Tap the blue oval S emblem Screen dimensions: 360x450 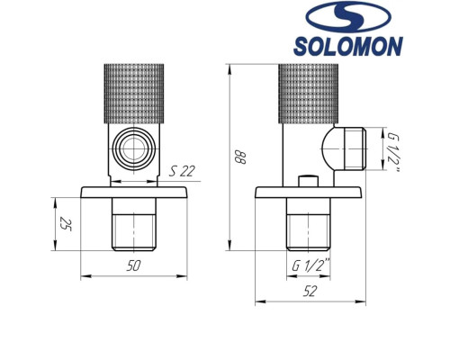click(351, 17)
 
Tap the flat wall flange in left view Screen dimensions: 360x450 click(136, 193)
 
